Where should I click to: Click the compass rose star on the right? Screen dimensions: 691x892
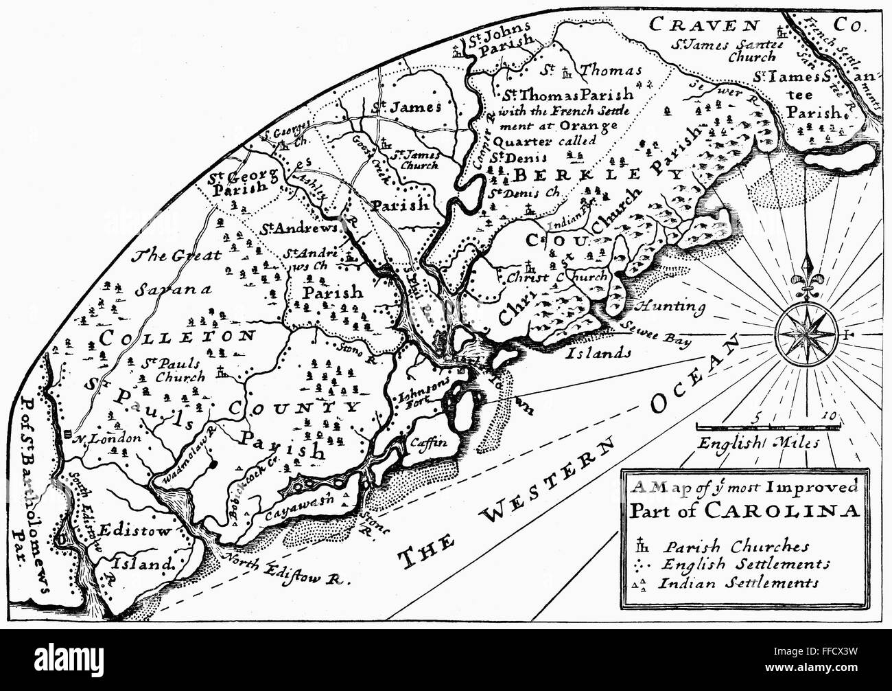tap(806, 335)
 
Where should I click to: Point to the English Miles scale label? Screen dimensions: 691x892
tap(758, 443)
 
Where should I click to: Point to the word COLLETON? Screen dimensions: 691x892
tap(178, 337)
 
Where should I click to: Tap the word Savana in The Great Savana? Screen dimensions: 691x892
tap(165, 289)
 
